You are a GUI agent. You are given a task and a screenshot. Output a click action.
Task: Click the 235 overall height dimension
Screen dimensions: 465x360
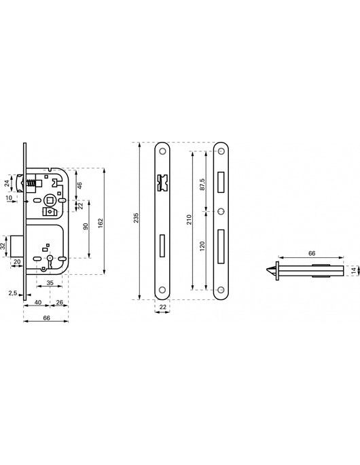click(x=136, y=218)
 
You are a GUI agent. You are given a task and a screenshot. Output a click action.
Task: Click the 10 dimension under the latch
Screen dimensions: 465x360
click(x=10, y=198)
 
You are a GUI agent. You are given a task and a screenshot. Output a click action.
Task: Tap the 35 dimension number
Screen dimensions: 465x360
click(x=50, y=282)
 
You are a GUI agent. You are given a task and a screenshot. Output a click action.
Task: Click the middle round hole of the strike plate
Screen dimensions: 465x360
click(x=221, y=210)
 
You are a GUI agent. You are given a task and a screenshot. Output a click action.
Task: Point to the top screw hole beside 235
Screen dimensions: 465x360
click(x=164, y=150)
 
